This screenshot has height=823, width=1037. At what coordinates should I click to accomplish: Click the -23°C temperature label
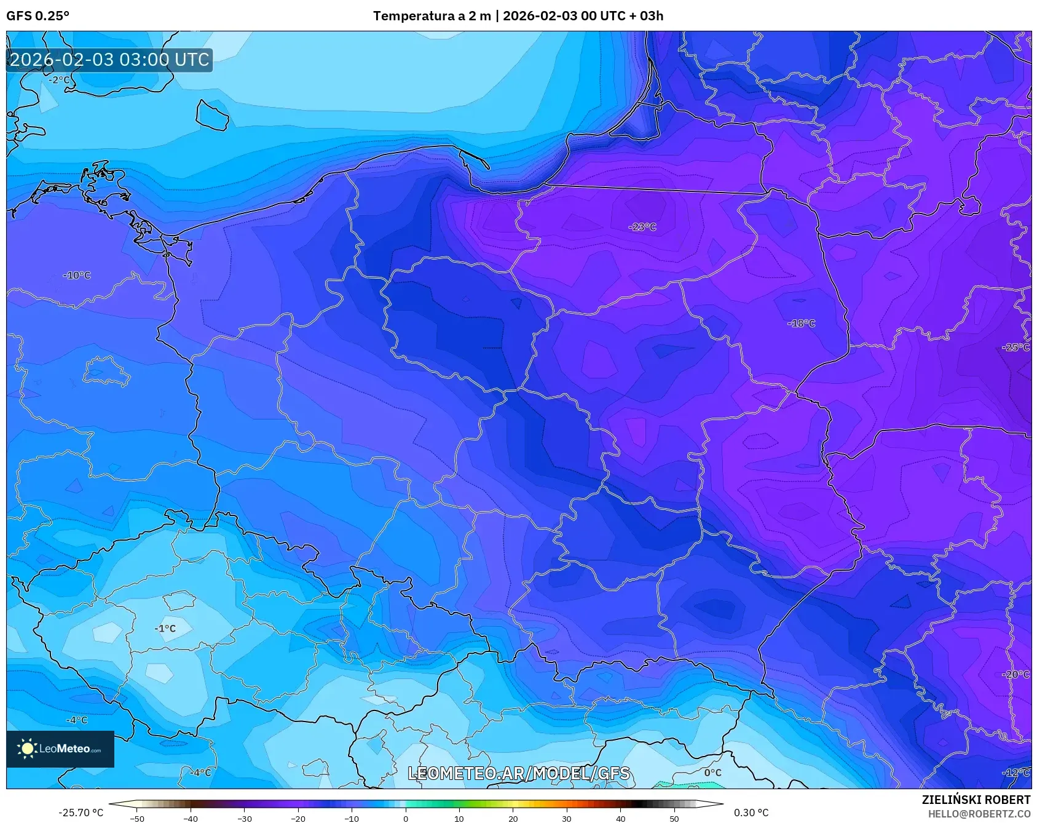click(642, 227)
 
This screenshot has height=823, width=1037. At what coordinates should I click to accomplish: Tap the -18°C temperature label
click(802, 324)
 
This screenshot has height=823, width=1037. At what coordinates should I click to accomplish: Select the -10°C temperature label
click(77, 276)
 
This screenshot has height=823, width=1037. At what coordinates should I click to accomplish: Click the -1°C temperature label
click(165, 629)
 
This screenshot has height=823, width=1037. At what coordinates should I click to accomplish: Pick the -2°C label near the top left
click(60, 80)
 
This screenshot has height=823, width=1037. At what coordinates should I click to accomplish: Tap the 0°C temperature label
click(713, 773)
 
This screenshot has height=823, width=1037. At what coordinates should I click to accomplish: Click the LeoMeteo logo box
click(60, 749)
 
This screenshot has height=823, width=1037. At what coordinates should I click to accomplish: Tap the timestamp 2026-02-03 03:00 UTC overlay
click(109, 60)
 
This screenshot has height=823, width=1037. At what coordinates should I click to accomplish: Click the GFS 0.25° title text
click(37, 16)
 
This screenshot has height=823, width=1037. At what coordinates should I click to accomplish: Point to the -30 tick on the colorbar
click(245, 818)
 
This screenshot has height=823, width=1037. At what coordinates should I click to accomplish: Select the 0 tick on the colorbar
click(406, 818)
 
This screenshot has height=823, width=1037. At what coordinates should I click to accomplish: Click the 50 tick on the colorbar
click(674, 818)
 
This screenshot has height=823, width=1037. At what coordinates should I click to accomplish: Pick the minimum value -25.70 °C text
click(81, 813)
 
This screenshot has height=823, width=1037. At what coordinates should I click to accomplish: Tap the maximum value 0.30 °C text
click(751, 813)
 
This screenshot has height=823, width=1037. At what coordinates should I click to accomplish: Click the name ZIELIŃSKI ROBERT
click(976, 800)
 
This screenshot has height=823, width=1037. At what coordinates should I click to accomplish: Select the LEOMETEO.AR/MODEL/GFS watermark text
click(519, 773)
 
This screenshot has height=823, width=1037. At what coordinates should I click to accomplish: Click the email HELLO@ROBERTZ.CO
click(979, 814)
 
